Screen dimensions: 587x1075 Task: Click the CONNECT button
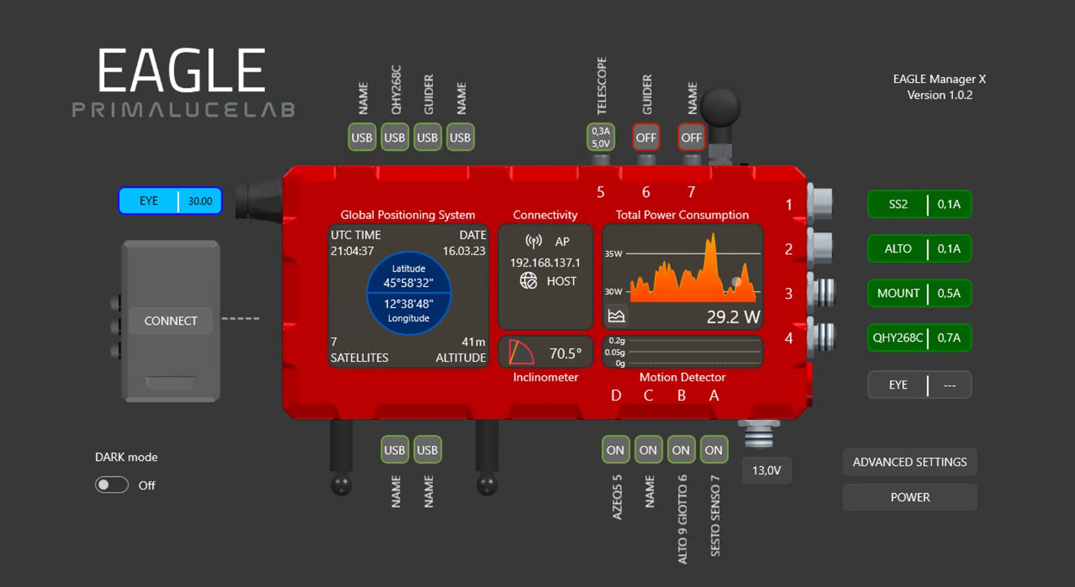tap(170, 321)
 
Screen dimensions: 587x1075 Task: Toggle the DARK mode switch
tap(112, 485)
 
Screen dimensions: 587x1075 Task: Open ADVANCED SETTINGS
tap(909, 462)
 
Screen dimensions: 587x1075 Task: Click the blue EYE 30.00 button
tap(170, 201)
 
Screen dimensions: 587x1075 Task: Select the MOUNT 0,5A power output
tap(919, 293)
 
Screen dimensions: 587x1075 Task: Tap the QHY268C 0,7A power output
tap(919, 338)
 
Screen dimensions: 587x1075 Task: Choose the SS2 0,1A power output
tap(919, 204)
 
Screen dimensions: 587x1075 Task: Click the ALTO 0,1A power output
tap(919, 249)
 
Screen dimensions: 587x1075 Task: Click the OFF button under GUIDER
tap(646, 138)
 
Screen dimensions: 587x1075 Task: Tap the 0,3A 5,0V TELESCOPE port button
tap(600, 137)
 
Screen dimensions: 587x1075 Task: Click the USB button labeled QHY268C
tap(395, 138)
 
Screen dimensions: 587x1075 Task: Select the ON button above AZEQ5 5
tap(615, 450)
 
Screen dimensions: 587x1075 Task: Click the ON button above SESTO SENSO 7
tap(713, 450)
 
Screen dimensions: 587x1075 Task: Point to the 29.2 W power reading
tap(733, 317)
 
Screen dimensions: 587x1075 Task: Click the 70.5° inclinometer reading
tap(565, 353)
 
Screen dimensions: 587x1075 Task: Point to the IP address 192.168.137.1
tap(545, 262)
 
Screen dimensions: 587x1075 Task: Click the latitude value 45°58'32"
tap(408, 283)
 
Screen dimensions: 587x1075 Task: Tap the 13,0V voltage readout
tap(766, 470)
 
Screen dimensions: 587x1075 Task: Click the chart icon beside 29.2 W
tap(616, 316)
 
